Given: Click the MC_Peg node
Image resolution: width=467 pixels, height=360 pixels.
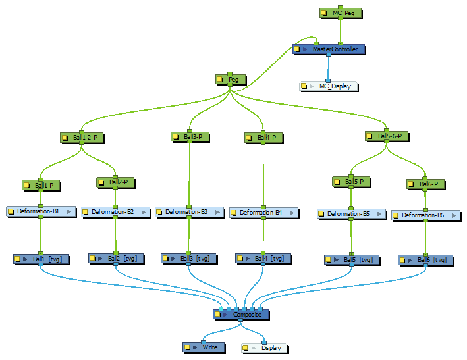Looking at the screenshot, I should (x=341, y=13).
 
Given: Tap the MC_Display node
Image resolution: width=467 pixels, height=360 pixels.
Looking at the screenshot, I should (x=329, y=86).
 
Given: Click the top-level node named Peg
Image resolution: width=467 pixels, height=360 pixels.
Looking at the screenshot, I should (x=231, y=80).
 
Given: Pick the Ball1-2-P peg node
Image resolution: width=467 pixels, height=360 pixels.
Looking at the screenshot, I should (x=81, y=138).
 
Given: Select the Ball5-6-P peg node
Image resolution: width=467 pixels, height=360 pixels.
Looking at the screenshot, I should (x=388, y=136).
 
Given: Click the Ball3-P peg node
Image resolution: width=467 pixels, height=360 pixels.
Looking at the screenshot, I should (x=191, y=137).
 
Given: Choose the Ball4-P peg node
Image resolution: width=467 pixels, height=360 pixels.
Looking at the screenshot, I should (x=263, y=138).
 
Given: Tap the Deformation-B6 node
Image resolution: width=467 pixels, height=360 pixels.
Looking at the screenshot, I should (x=426, y=215).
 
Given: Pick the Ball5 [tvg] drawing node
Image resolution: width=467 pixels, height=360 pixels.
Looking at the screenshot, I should (x=352, y=260).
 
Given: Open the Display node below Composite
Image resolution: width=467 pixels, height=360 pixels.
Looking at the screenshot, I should (x=265, y=347).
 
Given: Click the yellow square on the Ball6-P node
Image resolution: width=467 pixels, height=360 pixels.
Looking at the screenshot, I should (x=412, y=184).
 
